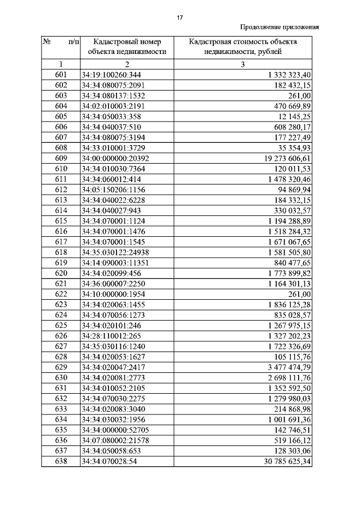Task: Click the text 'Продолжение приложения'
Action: pyautogui.click(x=280, y=26)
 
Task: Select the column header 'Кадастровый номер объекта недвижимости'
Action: pyautogui.click(x=127, y=47)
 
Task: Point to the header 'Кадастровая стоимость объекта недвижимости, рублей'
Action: pyautogui.click(x=242, y=47)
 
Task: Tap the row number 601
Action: pyautogui.click(x=61, y=74)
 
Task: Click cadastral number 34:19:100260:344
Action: pyautogui.click(x=111, y=74)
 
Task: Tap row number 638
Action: pyautogui.click(x=61, y=462)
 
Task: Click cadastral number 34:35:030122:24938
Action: pyautogui.click(x=116, y=252)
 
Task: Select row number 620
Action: pyautogui.click(x=61, y=273)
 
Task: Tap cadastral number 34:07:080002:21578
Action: pyautogui.click(x=116, y=441)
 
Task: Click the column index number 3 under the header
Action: pyautogui.click(x=242, y=64)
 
